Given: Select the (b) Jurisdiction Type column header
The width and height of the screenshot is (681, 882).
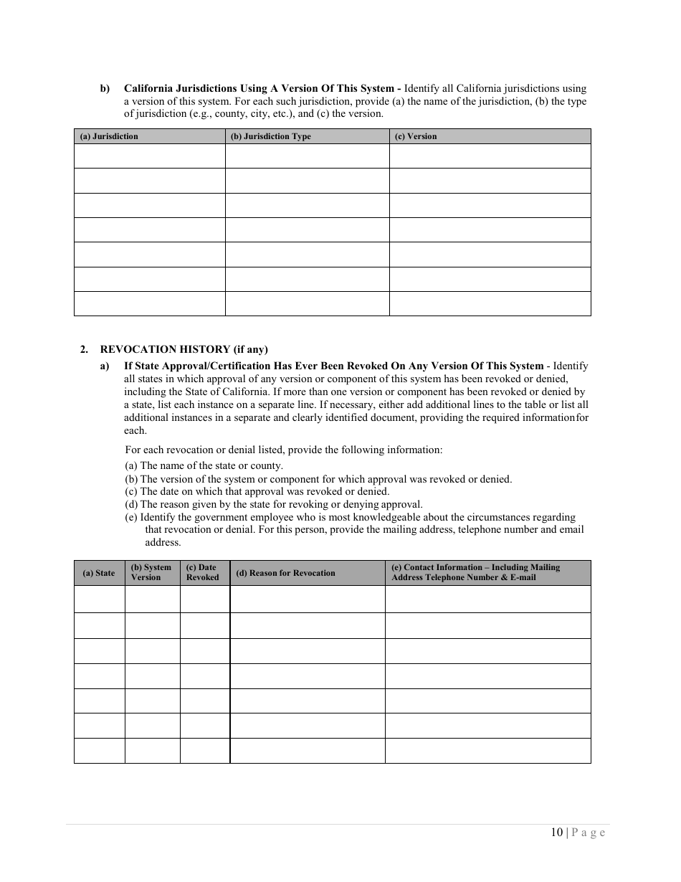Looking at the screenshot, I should (x=270, y=136).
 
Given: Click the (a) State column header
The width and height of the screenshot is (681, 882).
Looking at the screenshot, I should (x=99, y=573).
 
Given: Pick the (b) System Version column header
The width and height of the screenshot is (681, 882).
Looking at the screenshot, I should (x=151, y=572).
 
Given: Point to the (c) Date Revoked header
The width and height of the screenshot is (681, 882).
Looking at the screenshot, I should (x=203, y=572).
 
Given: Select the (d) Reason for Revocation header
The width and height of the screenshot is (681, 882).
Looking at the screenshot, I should (x=285, y=573).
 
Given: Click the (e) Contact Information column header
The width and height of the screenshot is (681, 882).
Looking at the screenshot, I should (x=476, y=572).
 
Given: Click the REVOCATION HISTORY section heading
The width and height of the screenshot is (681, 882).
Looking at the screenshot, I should (x=184, y=350).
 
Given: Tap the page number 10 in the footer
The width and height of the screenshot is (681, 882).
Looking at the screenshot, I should (x=557, y=833).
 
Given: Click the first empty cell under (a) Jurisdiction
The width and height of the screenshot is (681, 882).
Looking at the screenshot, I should (x=149, y=156).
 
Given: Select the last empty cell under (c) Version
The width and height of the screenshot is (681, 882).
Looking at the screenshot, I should (x=490, y=303).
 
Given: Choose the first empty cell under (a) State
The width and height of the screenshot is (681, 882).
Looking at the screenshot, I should (x=99, y=599).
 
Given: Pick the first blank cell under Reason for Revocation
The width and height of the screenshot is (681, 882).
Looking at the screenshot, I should (x=307, y=599).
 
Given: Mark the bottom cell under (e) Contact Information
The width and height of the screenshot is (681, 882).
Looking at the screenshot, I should (x=487, y=751).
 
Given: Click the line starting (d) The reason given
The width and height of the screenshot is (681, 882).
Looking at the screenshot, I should (x=274, y=504).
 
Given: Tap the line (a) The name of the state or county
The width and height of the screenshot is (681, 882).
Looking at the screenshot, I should (x=204, y=465).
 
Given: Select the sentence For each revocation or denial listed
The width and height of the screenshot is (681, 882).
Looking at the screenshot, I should (x=284, y=450).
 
